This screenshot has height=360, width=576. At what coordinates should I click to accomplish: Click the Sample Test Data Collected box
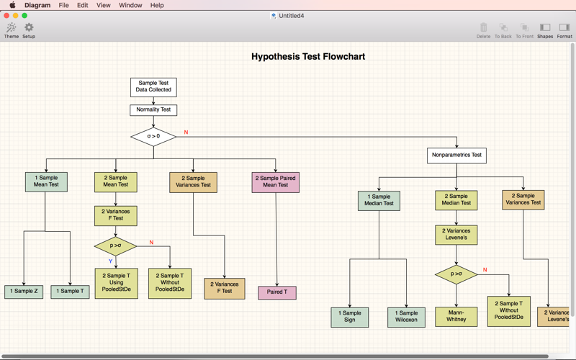[x=153, y=87]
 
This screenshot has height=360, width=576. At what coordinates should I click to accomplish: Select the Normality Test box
[x=153, y=110]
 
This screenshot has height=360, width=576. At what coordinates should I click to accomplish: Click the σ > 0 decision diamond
[x=153, y=137]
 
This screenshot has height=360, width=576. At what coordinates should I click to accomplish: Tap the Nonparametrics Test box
[x=456, y=156]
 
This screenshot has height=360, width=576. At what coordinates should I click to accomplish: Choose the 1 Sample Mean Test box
[x=46, y=182]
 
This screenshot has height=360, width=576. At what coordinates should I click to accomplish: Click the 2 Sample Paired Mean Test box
[x=276, y=182]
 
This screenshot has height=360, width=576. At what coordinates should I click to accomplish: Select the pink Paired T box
[x=277, y=293]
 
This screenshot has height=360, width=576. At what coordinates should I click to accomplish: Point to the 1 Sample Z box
[x=24, y=292]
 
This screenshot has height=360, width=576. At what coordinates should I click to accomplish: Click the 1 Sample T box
[x=70, y=292]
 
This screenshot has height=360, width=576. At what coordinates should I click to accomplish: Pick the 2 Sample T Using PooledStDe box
[x=117, y=283]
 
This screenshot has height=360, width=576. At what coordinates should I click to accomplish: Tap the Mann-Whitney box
[x=456, y=317]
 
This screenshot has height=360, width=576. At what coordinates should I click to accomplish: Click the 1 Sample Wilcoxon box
[x=406, y=318]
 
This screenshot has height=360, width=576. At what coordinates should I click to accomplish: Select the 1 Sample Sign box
[x=350, y=318]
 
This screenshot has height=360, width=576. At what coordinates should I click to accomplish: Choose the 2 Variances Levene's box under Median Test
[x=456, y=235]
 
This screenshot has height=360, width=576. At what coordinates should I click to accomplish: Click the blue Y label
[x=110, y=261]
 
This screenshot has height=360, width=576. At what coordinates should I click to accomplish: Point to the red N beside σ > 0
[x=186, y=132]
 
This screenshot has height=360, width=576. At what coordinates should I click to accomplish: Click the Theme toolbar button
[x=12, y=30]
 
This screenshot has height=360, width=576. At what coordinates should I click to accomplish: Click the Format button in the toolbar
[x=564, y=31]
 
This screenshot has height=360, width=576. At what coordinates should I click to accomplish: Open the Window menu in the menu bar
[x=130, y=5]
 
